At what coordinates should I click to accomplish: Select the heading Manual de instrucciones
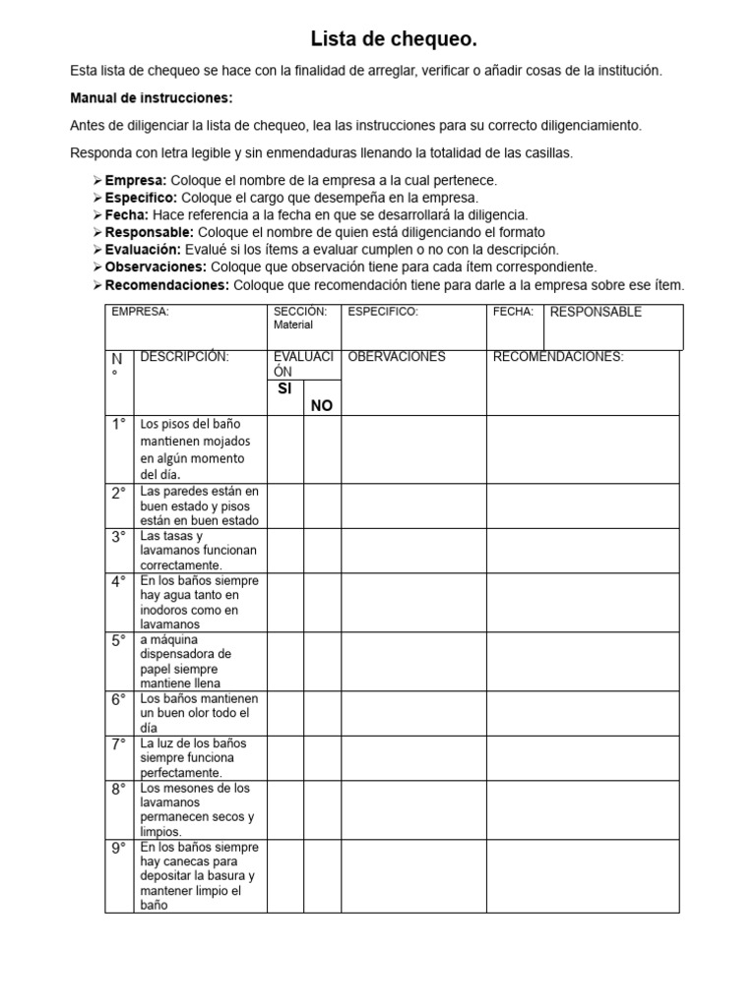click(x=152, y=98)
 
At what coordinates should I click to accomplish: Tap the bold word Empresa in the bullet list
click(x=137, y=181)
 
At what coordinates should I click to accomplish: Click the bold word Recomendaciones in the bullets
click(x=166, y=285)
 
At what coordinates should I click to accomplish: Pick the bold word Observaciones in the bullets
click(x=156, y=267)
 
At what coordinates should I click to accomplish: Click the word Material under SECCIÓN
click(x=293, y=325)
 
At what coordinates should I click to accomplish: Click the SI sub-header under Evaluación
click(x=284, y=389)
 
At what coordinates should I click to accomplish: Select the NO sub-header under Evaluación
click(x=322, y=405)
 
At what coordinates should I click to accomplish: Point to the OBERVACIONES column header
click(x=397, y=357)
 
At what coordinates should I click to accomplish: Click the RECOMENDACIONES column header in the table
click(x=557, y=357)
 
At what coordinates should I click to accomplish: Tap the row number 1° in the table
click(x=119, y=424)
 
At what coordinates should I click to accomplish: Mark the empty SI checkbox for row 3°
click(x=284, y=551)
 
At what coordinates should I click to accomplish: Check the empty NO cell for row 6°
click(x=322, y=713)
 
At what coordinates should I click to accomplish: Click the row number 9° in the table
click(x=119, y=848)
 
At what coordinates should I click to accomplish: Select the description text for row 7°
click(x=194, y=758)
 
